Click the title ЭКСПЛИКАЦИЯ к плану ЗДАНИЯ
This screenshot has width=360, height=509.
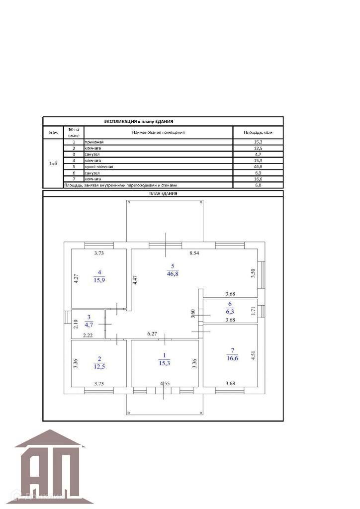pyautogui.click(x=138, y=121)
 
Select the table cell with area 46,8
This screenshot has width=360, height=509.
pyautogui.click(x=257, y=167)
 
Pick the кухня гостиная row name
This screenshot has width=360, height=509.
pyautogui.click(x=99, y=167)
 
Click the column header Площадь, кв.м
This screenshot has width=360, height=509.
pyautogui.click(x=258, y=133)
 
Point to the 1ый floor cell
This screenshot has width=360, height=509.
pyautogui.click(x=53, y=164)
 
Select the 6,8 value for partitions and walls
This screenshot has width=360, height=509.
pyautogui.click(x=257, y=185)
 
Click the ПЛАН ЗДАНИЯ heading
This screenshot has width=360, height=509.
pyautogui.click(x=163, y=193)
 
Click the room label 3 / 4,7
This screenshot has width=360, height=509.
pyautogui.click(x=89, y=321)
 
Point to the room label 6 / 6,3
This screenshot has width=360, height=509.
pyautogui.click(x=230, y=308)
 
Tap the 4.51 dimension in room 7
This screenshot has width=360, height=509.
pyautogui.click(x=253, y=352)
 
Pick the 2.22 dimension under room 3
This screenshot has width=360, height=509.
pyautogui.click(x=88, y=336)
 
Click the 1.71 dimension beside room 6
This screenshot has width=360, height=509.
pyautogui.click(x=253, y=311)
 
